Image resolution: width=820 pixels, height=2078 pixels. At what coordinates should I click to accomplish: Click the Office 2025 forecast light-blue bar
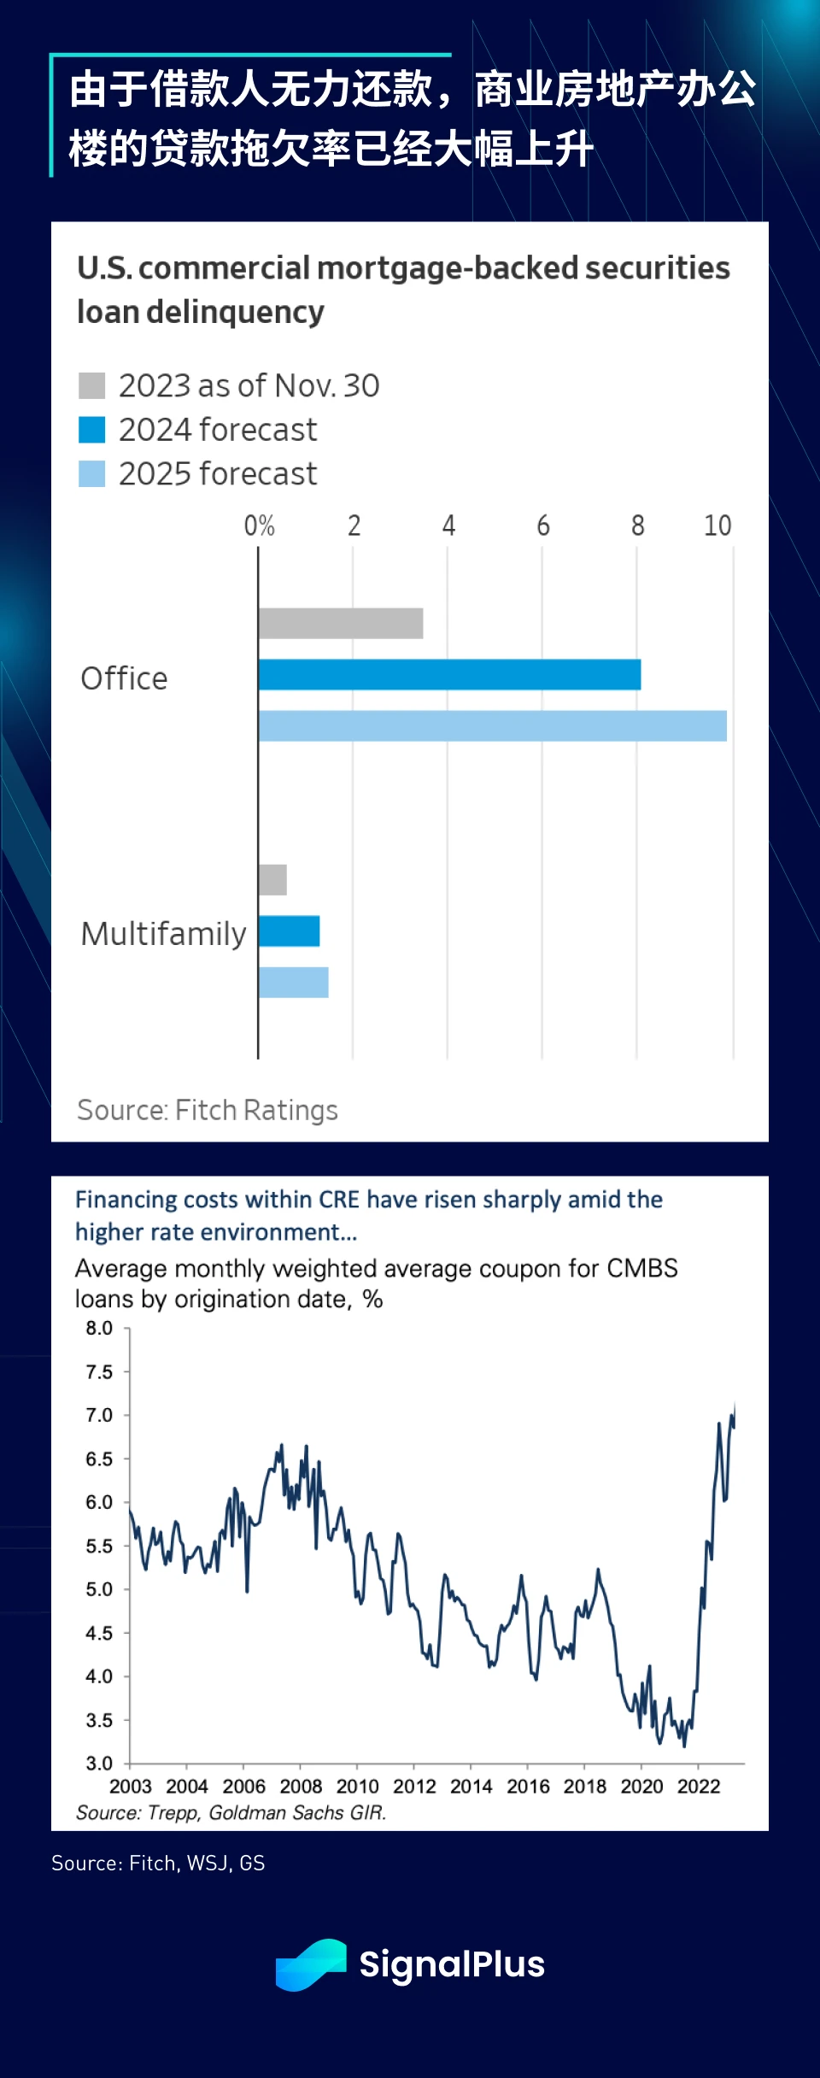click(x=492, y=725)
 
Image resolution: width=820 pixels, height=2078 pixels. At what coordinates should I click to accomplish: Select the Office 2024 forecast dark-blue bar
click(x=449, y=674)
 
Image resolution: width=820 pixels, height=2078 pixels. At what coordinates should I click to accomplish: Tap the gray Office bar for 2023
click(x=340, y=623)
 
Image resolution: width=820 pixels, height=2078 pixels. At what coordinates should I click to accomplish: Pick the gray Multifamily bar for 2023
click(x=272, y=879)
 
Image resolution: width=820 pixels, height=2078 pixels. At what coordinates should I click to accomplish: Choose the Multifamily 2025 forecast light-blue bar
click(x=293, y=982)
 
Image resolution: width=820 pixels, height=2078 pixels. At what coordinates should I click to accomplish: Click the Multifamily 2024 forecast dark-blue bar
click(x=289, y=930)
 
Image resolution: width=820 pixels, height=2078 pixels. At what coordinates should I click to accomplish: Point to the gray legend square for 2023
click(x=91, y=385)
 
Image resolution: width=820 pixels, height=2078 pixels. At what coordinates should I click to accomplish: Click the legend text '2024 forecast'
click(x=217, y=430)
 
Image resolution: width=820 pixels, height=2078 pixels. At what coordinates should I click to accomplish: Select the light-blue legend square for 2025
click(x=91, y=473)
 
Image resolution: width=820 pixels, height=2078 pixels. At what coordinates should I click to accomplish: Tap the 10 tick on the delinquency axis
click(x=717, y=525)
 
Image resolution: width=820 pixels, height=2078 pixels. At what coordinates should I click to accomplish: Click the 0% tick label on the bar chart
click(x=259, y=525)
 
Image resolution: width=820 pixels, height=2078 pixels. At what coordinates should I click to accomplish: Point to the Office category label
click(x=124, y=678)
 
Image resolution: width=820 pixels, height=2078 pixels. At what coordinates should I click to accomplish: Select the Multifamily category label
click(x=163, y=934)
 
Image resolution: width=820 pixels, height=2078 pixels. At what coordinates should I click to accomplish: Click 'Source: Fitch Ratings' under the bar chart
click(x=208, y=1110)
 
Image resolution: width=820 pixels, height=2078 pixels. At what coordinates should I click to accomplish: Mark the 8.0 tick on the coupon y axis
click(x=99, y=1328)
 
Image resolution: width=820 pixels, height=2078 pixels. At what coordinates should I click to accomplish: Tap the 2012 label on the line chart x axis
click(x=414, y=1787)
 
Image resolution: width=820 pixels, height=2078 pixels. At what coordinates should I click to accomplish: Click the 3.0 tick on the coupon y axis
click(x=99, y=1764)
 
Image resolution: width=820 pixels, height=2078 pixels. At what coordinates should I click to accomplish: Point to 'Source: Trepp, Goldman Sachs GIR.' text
click(x=231, y=1812)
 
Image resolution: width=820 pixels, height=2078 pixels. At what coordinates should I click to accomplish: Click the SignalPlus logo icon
click(x=311, y=1964)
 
